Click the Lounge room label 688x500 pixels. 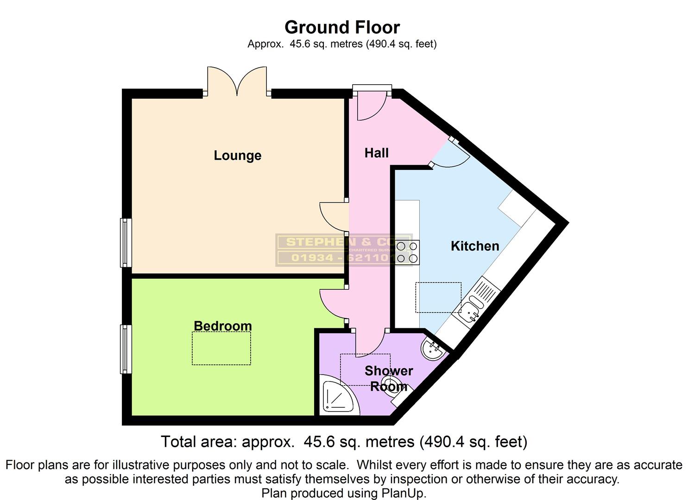click(x=237, y=155)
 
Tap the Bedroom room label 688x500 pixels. click(x=222, y=326)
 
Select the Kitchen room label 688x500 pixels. click(x=475, y=246)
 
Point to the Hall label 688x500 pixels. click(x=376, y=153)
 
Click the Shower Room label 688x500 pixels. click(x=388, y=378)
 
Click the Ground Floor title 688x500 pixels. click(x=342, y=27)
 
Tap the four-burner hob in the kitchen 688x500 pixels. click(x=407, y=252)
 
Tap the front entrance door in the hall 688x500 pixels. click(x=371, y=106)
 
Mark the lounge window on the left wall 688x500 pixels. click(x=126, y=243)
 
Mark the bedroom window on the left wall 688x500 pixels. click(x=126, y=349)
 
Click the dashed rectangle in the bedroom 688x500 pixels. click(x=221, y=348)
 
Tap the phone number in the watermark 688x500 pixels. click(x=342, y=258)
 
